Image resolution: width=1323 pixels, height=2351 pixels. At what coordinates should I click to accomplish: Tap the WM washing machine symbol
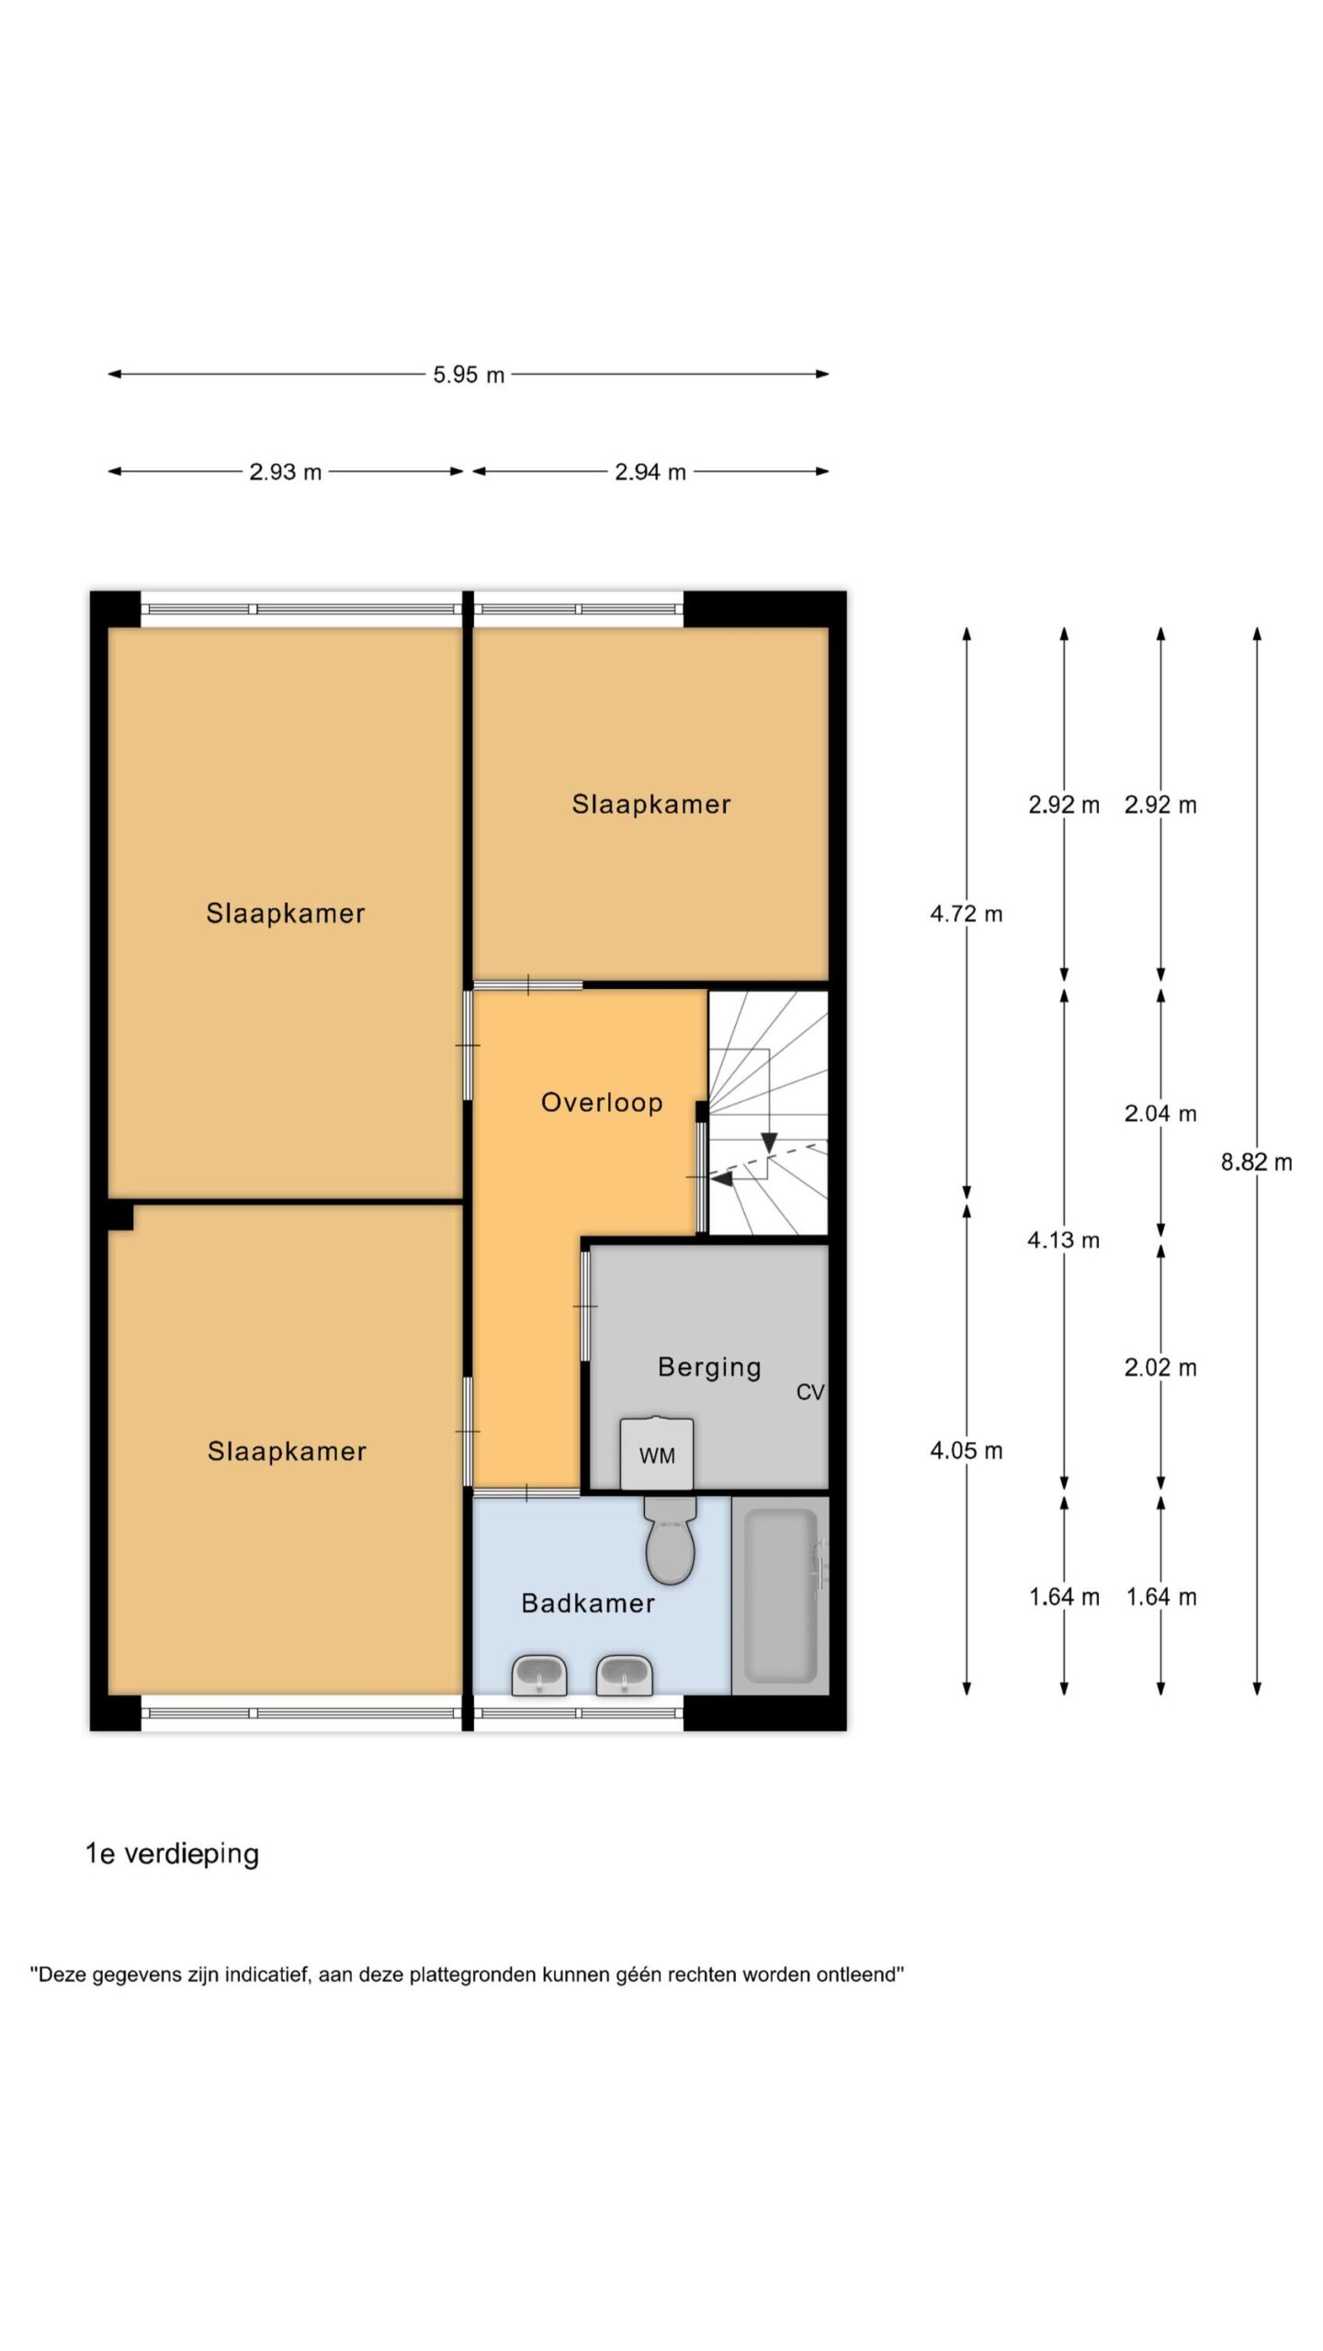point(656,1454)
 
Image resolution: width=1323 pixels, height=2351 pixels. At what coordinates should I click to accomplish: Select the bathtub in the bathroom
point(780,1595)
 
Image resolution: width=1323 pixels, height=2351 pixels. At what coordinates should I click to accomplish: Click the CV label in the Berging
point(809,1392)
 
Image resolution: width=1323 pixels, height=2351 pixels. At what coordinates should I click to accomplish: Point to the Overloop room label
point(602,1102)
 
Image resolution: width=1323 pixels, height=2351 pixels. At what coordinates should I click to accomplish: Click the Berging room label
point(709,1367)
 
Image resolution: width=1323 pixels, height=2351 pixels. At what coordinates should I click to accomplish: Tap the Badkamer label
point(588,1603)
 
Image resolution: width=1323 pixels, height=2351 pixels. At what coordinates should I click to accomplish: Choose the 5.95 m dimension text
point(469,375)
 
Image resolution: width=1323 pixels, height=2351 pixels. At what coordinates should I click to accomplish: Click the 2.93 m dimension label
point(286,472)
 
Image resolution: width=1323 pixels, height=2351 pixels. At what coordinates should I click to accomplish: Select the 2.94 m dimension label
point(650,472)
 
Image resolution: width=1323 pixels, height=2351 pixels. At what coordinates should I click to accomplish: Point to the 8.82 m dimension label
point(1256,1163)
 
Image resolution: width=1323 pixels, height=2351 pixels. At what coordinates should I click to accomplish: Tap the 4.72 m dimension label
point(967,914)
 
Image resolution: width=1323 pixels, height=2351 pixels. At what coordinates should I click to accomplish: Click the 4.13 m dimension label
point(1063,1241)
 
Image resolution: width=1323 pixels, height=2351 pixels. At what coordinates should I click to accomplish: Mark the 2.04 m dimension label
point(1160,1114)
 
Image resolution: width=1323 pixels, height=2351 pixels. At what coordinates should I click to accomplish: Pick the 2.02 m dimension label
point(1160,1367)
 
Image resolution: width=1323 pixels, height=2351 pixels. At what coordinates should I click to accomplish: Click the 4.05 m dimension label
point(967,1451)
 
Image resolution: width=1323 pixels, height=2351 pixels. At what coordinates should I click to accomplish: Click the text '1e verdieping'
point(173,1854)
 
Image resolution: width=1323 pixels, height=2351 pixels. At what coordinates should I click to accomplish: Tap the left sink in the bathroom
point(538,1676)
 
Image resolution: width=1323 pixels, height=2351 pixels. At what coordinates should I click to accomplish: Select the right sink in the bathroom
point(625,1676)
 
